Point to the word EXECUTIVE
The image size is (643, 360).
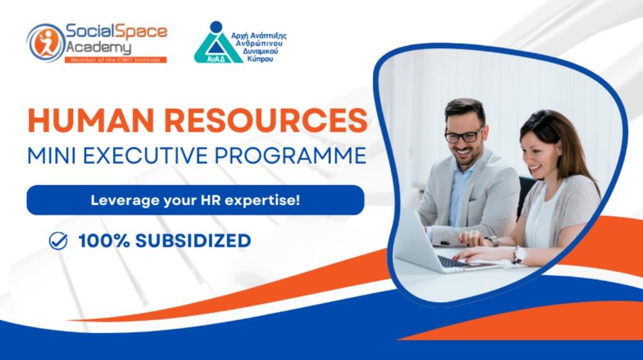click(145, 156)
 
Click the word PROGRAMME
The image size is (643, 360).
click(291, 156)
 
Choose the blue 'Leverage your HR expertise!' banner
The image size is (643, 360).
click(195, 200)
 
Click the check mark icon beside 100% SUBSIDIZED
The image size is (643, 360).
click(59, 240)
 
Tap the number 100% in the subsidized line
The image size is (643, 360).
click(104, 240)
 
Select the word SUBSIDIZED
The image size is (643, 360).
click(193, 240)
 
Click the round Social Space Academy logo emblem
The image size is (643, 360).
click(46, 42)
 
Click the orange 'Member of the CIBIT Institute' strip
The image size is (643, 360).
click(116, 60)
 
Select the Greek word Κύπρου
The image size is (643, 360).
click(260, 59)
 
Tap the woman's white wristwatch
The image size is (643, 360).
click(519, 255)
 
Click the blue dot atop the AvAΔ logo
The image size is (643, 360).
click(216, 27)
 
